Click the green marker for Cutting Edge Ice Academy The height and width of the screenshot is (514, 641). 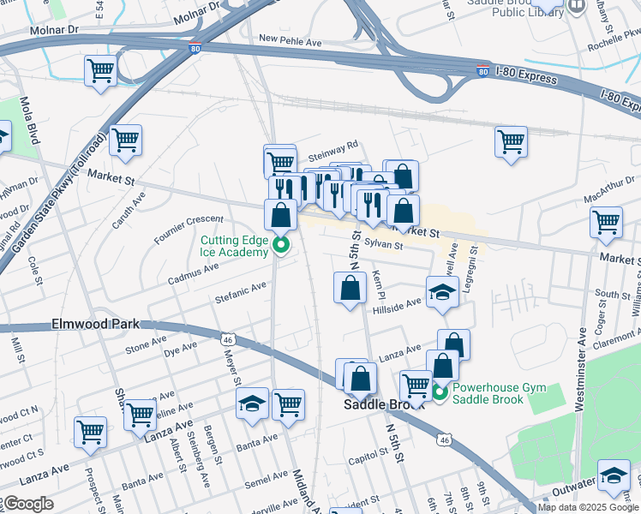[x=280, y=248]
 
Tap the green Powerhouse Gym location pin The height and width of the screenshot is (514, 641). [x=440, y=393]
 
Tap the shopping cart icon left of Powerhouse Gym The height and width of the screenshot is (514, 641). [x=416, y=385]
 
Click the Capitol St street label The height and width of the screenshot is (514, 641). [x=369, y=461]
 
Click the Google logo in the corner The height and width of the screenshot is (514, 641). [x=27, y=504]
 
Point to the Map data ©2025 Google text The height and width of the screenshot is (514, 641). [x=588, y=507]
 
